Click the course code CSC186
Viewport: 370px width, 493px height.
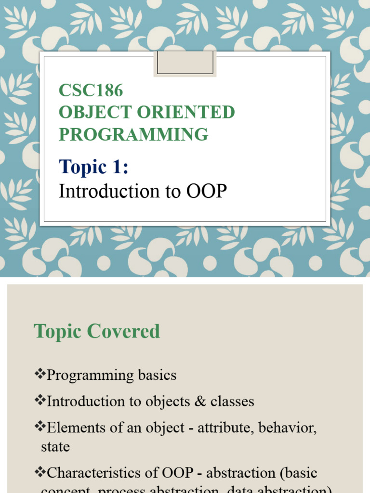pos(91,90)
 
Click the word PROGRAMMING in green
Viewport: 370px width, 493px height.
pos(133,134)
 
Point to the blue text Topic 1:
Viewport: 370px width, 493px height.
pos(93,167)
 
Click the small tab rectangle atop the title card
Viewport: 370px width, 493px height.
pos(185,64)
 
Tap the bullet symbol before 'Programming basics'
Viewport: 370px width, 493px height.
pos(40,375)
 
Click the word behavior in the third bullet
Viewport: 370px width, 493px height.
pos(290,428)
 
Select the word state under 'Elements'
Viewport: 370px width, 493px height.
pos(55,447)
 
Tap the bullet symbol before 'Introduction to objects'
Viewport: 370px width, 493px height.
pos(40,401)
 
